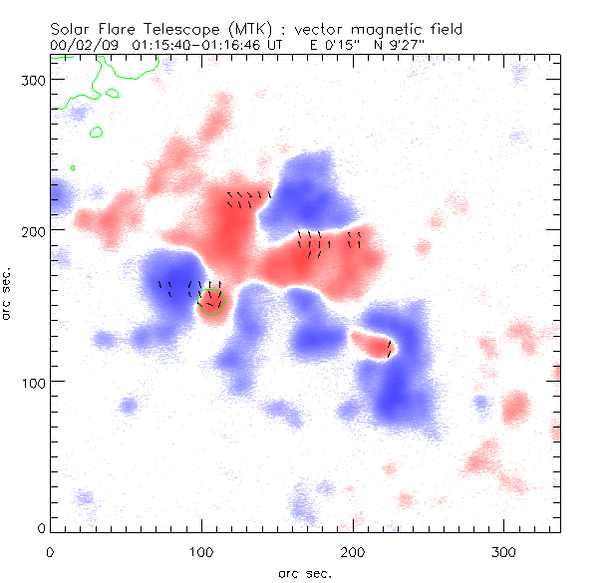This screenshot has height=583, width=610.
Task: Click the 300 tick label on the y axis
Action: tap(34, 80)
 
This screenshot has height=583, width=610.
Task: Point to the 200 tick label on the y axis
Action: tap(34, 230)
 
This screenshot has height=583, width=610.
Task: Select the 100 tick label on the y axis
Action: tap(34, 382)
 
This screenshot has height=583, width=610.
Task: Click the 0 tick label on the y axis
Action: tap(42, 527)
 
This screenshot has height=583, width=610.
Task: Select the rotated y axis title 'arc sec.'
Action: tap(8, 293)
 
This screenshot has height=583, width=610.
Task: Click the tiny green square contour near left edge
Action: tap(73, 166)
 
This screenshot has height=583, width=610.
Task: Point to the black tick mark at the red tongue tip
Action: tap(389, 347)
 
